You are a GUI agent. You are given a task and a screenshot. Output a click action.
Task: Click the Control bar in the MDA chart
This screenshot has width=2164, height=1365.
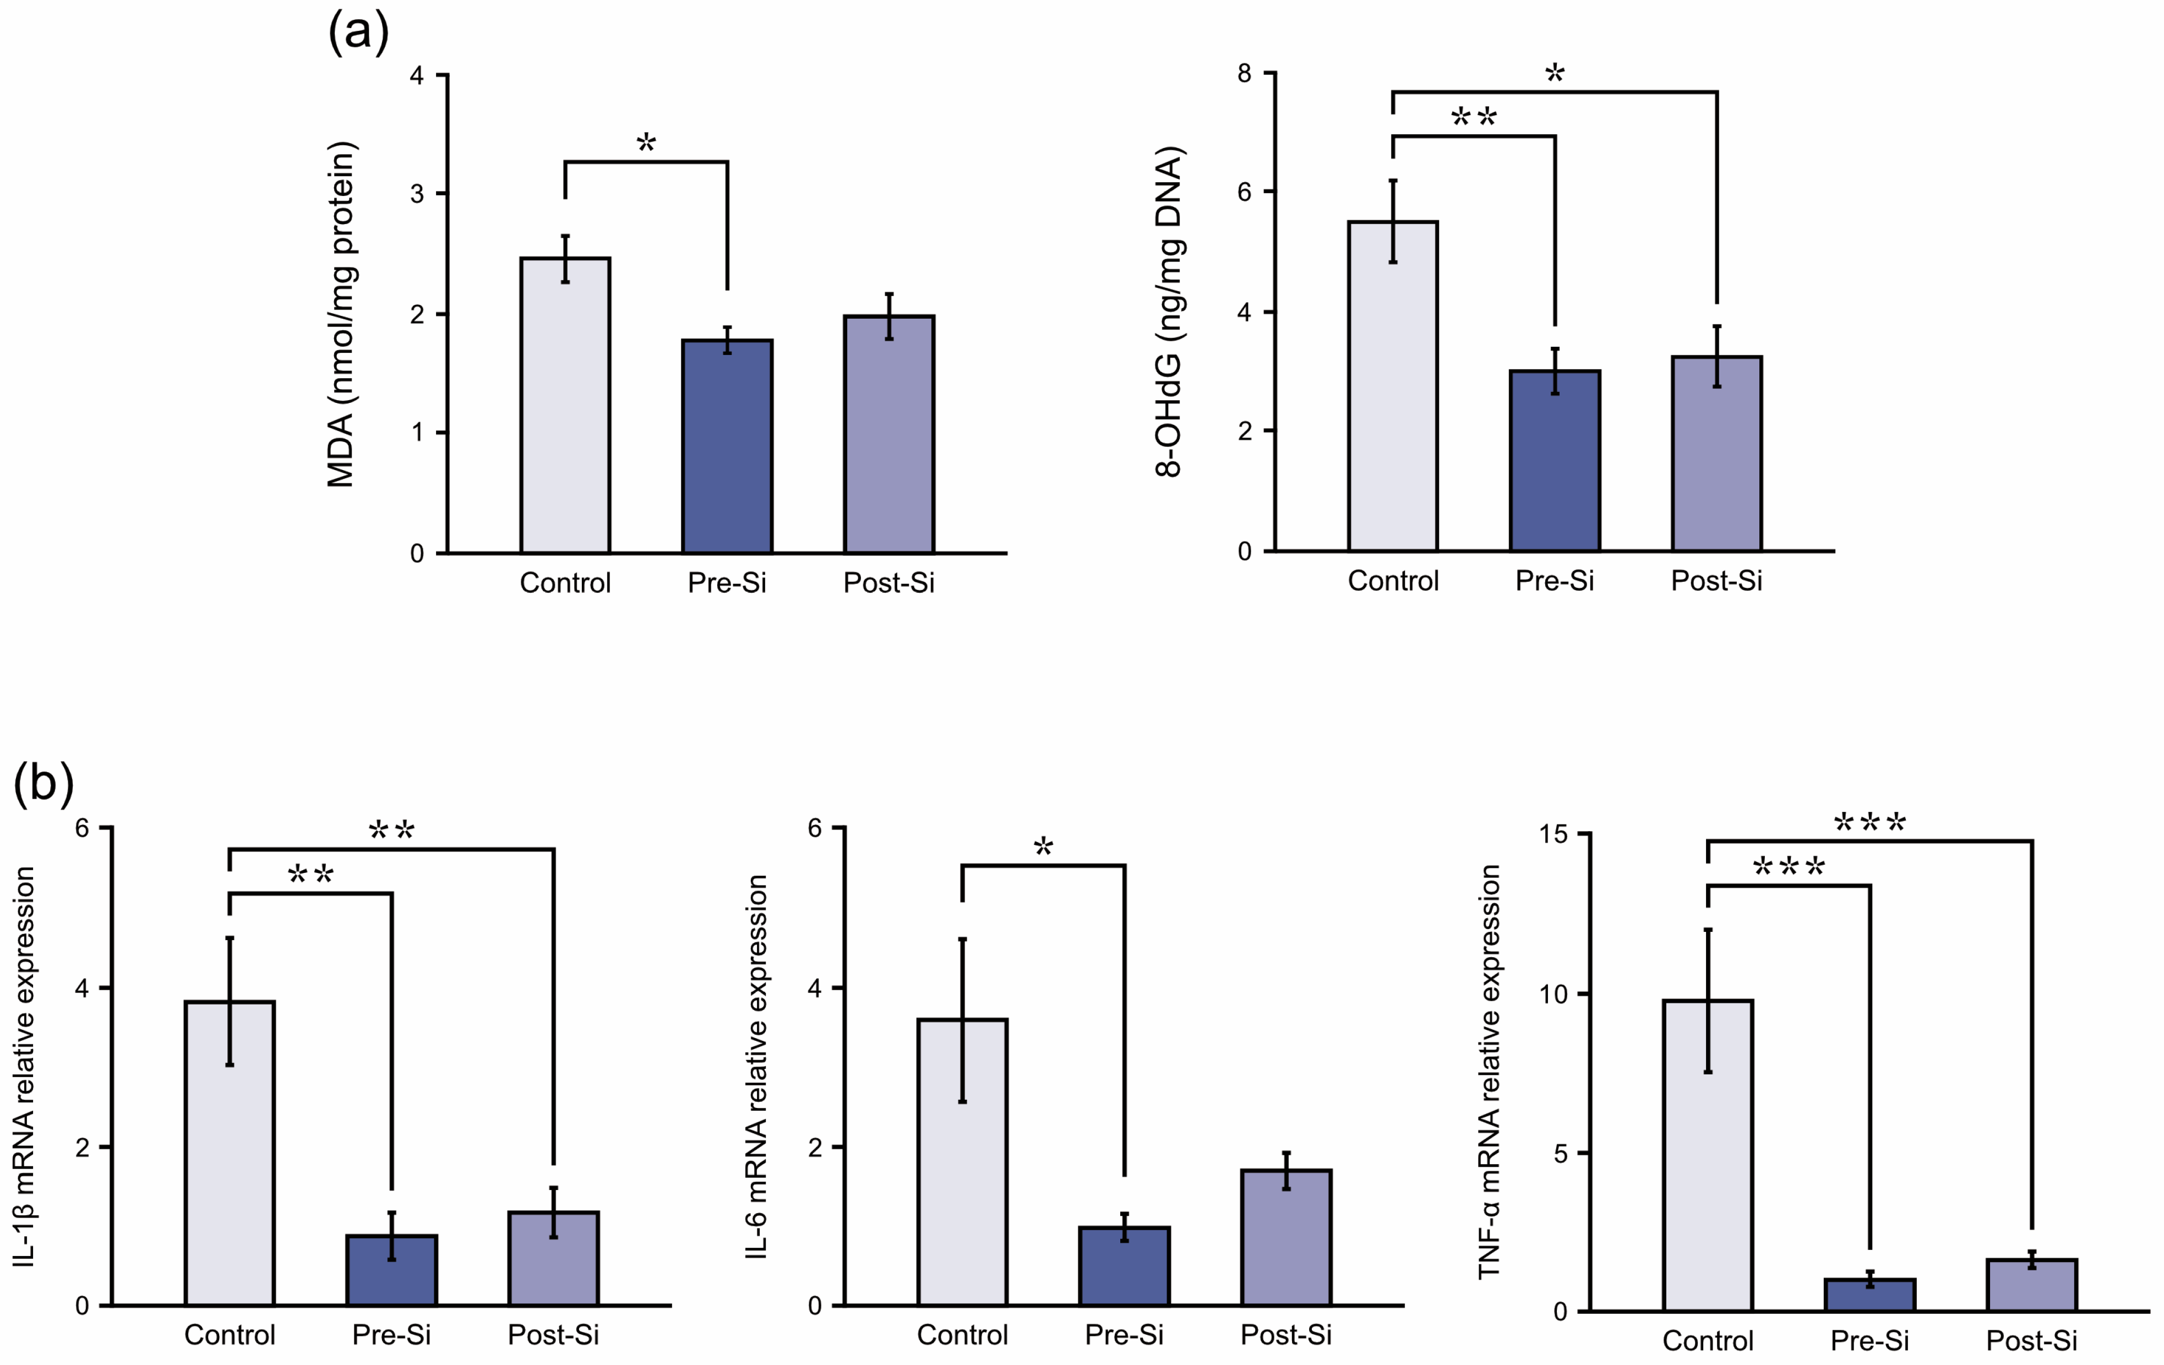[x=565, y=405]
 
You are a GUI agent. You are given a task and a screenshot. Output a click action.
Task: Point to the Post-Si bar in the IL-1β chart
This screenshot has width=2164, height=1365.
[x=554, y=1258]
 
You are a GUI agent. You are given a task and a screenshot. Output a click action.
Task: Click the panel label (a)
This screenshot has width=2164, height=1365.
[x=358, y=32]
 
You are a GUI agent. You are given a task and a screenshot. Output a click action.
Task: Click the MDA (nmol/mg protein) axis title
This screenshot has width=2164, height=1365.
[x=341, y=314]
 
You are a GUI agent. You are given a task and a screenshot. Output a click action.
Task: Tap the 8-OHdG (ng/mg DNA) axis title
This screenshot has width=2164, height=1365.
[x=1169, y=311]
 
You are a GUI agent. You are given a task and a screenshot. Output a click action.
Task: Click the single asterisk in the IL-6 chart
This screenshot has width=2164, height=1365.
[x=1043, y=845]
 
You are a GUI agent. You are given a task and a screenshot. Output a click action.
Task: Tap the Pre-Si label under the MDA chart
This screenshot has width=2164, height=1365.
[x=727, y=583]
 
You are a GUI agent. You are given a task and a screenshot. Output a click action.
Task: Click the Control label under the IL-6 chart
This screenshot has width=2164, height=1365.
[x=962, y=1334]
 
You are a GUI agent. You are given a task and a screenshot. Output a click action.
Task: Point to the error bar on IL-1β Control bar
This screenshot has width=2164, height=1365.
[x=230, y=1001]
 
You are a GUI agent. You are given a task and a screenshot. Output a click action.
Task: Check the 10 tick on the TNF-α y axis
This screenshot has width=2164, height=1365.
[x=1553, y=994]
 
